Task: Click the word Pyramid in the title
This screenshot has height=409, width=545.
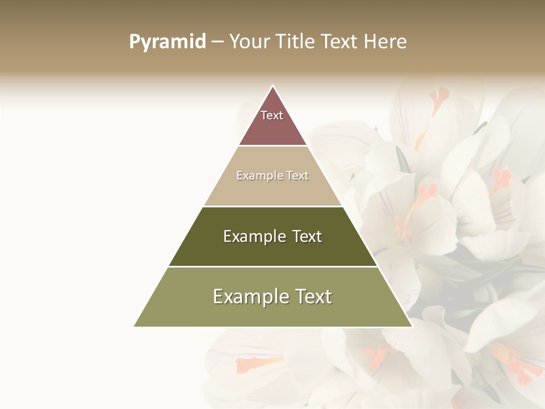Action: coord(167,42)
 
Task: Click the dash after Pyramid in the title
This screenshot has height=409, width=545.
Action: coord(217,42)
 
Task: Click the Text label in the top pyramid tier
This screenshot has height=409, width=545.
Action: coord(272,115)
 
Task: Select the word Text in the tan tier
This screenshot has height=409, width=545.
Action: coord(297,176)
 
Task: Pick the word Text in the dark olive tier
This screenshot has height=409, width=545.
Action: coord(307,236)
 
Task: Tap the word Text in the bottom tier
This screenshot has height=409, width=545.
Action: coord(313,297)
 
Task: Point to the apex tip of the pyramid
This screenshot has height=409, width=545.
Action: coord(273,86)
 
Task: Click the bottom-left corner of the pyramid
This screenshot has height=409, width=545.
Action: coord(135,326)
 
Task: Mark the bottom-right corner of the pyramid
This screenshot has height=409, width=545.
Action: coord(412,326)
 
